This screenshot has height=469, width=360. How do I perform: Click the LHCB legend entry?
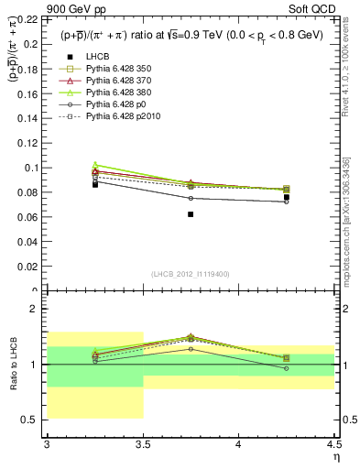tap(97, 58)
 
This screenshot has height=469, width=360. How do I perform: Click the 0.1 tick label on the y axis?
tap(32, 168)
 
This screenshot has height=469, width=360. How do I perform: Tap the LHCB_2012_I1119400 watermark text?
tap(191, 273)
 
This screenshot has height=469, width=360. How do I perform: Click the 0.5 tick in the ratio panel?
tap(36, 420)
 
